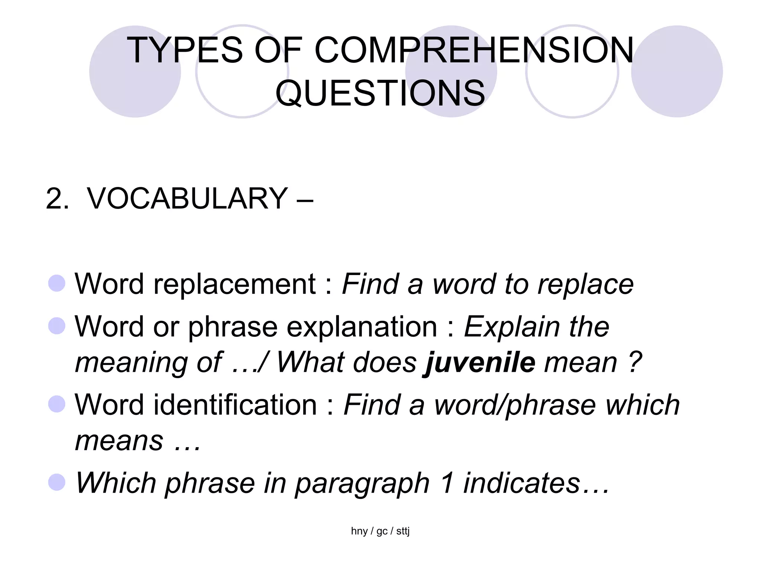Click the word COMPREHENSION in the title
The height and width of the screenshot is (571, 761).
pos(474,50)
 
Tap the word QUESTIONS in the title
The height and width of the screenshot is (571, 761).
pos(380,93)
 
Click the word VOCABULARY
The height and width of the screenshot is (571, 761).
pos(187,199)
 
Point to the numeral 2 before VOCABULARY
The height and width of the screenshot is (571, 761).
pos(56,199)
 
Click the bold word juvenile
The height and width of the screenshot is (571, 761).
pos(480,362)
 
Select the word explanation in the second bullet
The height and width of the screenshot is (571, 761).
pos(367,327)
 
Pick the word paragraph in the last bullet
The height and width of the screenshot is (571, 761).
pos(362,483)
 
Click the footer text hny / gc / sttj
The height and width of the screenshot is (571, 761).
pos(380,531)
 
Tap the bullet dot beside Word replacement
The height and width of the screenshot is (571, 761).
pos(57,283)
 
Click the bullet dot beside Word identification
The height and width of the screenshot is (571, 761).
pos(57,404)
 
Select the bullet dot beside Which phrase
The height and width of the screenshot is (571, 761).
pos(57,482)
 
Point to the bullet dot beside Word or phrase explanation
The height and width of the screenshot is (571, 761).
pos(57,326)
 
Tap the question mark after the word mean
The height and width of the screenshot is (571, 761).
pos(635,362)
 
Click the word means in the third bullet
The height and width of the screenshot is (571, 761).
pos(119,441)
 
